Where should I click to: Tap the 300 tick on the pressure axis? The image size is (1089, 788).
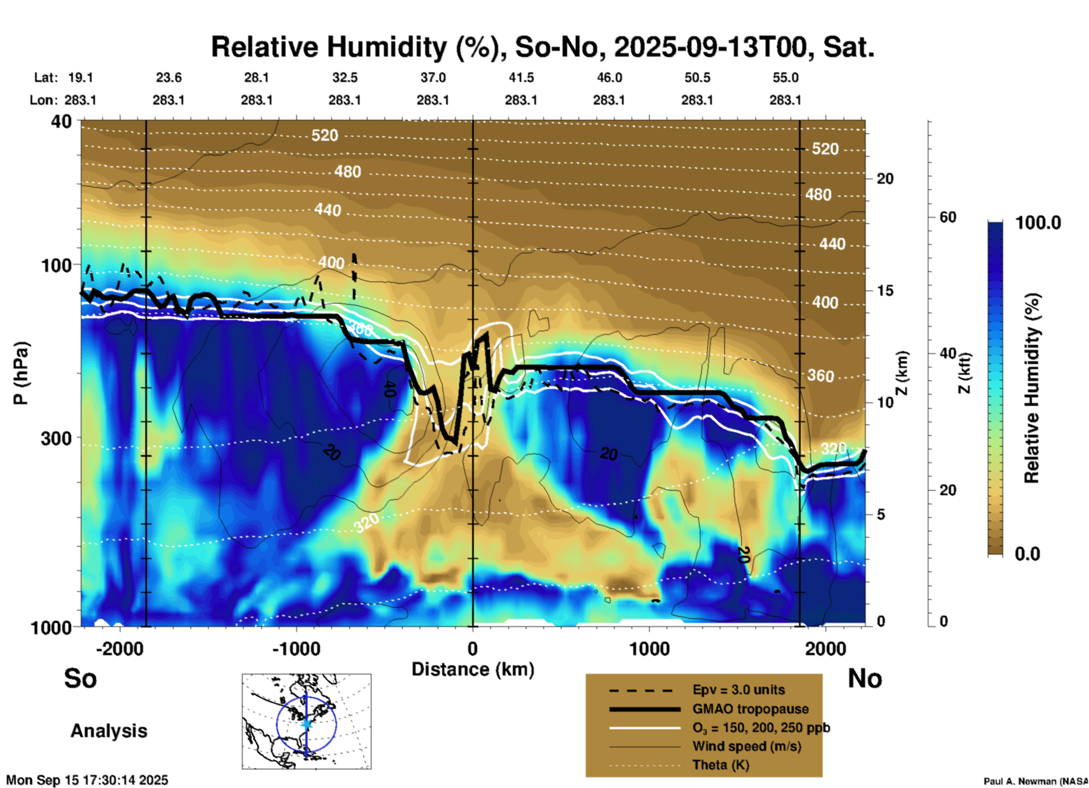56,438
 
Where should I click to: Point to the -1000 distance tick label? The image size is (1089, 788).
296,649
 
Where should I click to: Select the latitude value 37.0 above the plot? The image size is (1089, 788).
433,77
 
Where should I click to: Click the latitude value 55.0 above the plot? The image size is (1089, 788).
785,77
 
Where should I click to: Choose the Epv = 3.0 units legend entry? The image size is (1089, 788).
738,690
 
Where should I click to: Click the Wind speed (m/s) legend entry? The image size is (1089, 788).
746,746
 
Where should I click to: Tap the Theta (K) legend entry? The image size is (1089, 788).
720,765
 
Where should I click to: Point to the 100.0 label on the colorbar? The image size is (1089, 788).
1038,223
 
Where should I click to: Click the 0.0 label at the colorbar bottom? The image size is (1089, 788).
1027,553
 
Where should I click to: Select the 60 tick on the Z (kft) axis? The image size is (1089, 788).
948,217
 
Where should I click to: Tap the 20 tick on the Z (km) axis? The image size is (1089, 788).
885,179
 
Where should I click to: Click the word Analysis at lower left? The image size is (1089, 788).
109,731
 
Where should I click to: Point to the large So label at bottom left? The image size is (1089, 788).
80,678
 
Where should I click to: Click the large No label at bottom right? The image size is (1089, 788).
865,678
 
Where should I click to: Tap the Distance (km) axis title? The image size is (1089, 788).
473,669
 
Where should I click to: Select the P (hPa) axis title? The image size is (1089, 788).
21,373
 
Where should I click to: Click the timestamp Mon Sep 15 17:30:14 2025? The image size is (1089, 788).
87,780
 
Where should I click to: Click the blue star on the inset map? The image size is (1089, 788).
306,724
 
